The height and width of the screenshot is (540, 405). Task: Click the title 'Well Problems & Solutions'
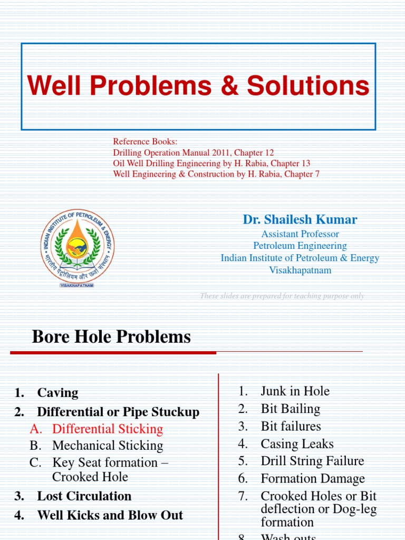(198, 86)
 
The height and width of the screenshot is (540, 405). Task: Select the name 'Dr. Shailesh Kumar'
(300, 219)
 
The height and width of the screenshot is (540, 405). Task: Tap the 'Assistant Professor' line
(300, 234)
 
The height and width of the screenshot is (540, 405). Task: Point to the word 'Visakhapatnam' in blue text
(300, 270)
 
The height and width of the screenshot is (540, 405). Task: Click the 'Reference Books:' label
(146, 142)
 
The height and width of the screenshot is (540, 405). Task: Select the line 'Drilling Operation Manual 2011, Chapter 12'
(194, 152)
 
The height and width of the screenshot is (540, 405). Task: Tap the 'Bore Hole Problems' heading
(111, 336)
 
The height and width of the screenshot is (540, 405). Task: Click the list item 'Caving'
(57, 393)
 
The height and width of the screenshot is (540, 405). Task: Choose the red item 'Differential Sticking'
(108, 429)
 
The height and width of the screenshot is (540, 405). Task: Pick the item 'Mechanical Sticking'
(108, 446)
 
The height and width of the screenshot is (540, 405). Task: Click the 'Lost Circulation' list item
(84, 496)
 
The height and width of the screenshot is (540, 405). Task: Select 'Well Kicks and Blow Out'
(110, 515)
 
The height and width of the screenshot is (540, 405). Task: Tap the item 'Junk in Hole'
(295, 391)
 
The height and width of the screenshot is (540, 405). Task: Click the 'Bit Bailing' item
(290, 409)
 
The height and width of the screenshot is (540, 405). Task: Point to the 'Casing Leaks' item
(297, 444)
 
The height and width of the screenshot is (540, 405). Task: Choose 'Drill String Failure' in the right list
(312, 461)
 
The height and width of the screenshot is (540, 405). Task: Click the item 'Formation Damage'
(313, 479)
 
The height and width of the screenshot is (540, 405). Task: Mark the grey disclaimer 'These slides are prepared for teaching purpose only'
(282, 296)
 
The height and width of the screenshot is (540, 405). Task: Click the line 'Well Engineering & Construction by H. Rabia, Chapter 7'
(216, 173)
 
